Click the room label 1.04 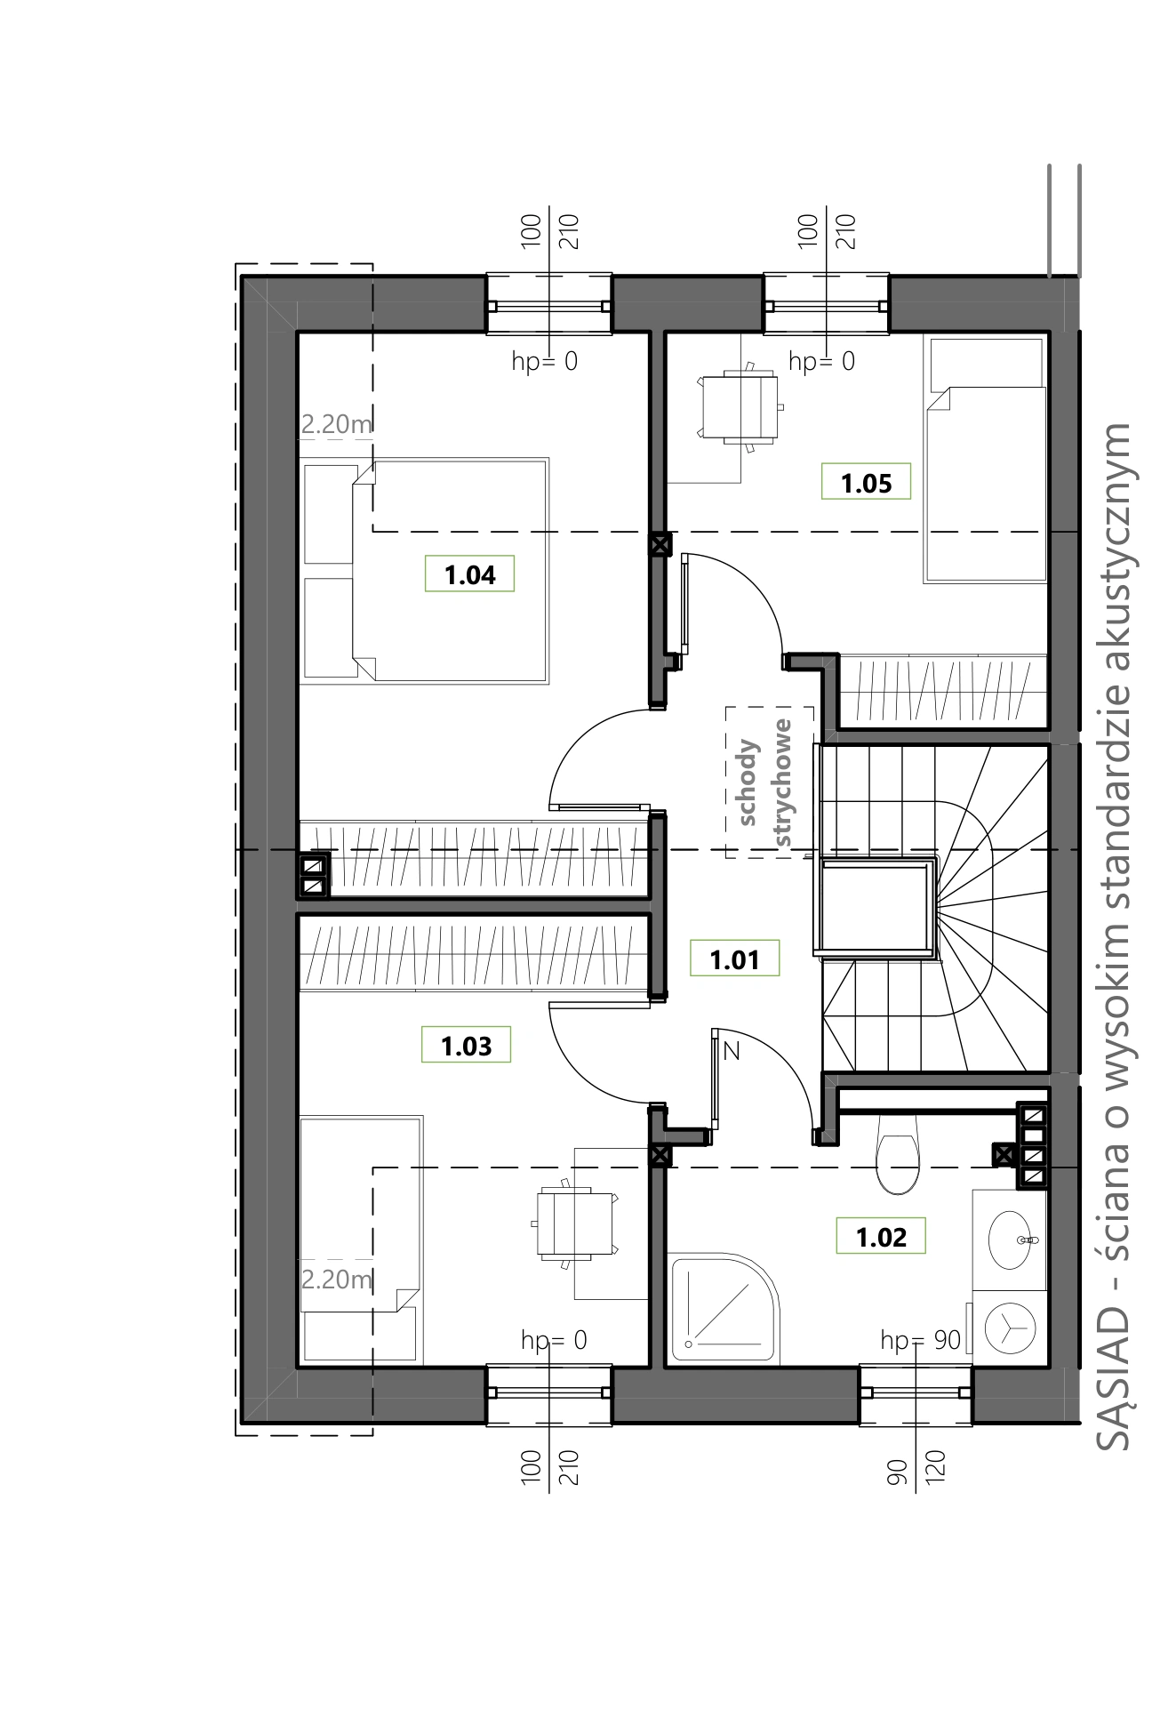tap(469, 574)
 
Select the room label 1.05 tap(866, 483)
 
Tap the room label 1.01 tap(734, 959)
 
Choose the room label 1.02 tap(881, 1237)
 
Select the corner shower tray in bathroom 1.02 tap(723, 1309)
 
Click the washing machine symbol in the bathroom tap(1011, 1328)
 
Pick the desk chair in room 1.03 tap(576, 1223)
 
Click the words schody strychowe tap(769, 782)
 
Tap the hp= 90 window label tap(921, 1340)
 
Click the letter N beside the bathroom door tap(732, 1051)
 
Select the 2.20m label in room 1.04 tap(336, 425)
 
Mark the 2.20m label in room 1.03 tap(336, 1280)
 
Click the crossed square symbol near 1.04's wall tap(660, 544)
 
